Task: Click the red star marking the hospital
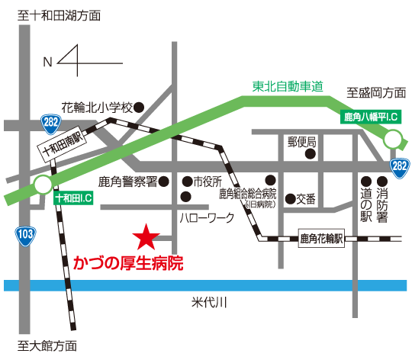[x=146, y=237]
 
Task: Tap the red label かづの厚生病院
[x=128, y=263]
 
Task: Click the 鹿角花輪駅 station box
[x=321, y=239]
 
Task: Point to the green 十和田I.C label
[x=73, y=198]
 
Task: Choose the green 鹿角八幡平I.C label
[x=371, y=117]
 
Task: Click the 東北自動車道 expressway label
[x=288, y=86]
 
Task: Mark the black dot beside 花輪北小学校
[x=139, y=108]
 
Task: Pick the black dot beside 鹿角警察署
[x=163, y=182]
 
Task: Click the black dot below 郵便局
[x=310, y=154]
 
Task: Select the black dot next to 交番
[x=291, y=199]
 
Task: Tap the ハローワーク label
[x=207, y=217]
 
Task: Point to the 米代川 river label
[x=209, y=303]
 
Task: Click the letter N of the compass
[x=47, y=63]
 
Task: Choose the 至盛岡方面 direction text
[x=376, y=93]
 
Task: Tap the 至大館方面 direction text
[x=47, y=346]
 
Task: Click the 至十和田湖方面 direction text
[x=59, y=15]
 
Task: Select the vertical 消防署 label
[x=382, y=205]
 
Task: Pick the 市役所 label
[x=208, y=182]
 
